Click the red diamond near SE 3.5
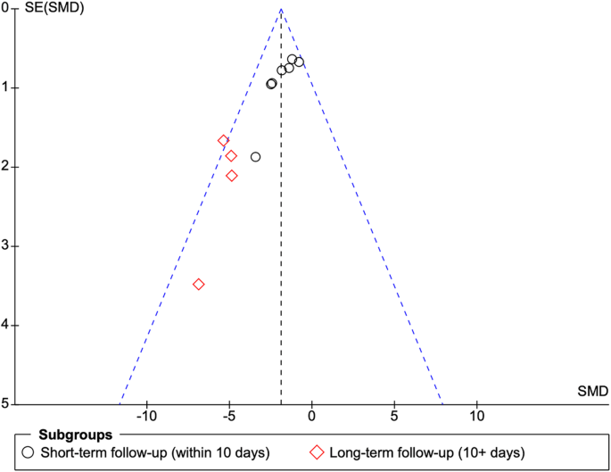pos(199,284)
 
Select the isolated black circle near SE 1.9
pos(256,157)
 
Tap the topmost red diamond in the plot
pos(224,141)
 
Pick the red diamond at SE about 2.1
pos(232,176)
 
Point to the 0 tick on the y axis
pos(5,8)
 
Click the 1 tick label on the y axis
pos(5,87)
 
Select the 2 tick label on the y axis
pos(5,167)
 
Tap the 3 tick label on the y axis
pos(5,245)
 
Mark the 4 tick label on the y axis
pos(5,325)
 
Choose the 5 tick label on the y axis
pos(5,403)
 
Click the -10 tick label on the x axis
pos(145,417)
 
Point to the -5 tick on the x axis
pos(228,417)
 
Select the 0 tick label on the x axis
pos(311,417)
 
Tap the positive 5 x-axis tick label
pos(394,417)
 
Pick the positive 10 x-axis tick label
pos(477,417)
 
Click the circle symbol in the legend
pos(29,453)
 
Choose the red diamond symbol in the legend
pos(316,453)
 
